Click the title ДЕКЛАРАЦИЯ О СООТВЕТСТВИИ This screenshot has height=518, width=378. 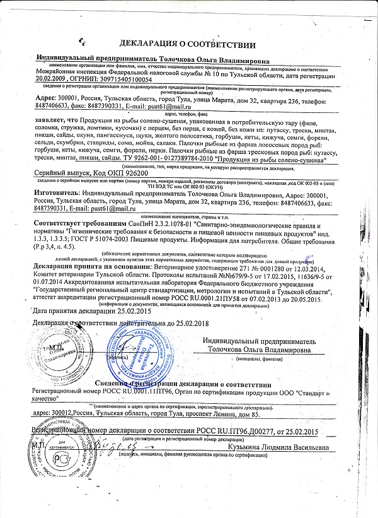click(x=187, y=45)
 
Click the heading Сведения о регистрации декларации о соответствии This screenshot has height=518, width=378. click(x=183, y=384)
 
